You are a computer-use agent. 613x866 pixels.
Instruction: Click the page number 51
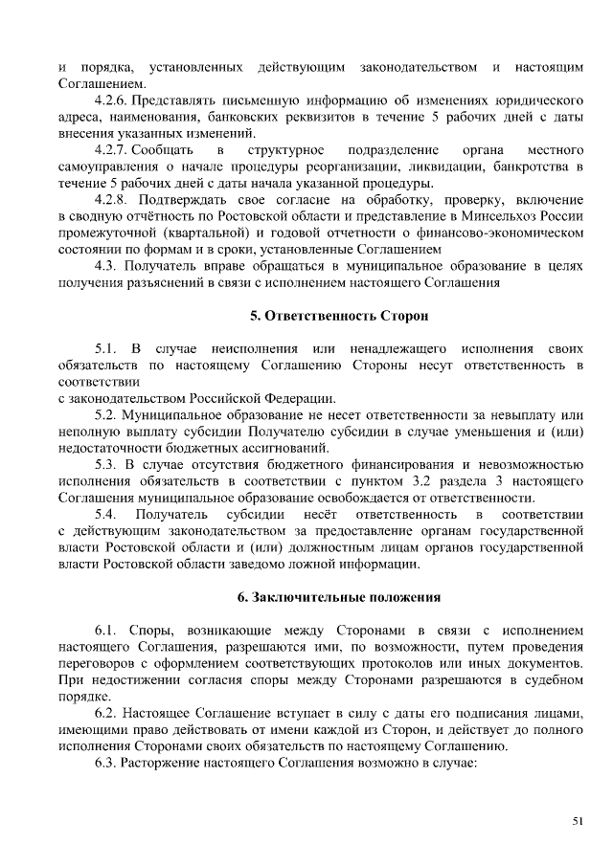pyautogui.click(x=578, y=821)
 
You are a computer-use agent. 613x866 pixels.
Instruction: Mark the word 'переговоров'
pyautogui.click(x=97, y=663)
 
